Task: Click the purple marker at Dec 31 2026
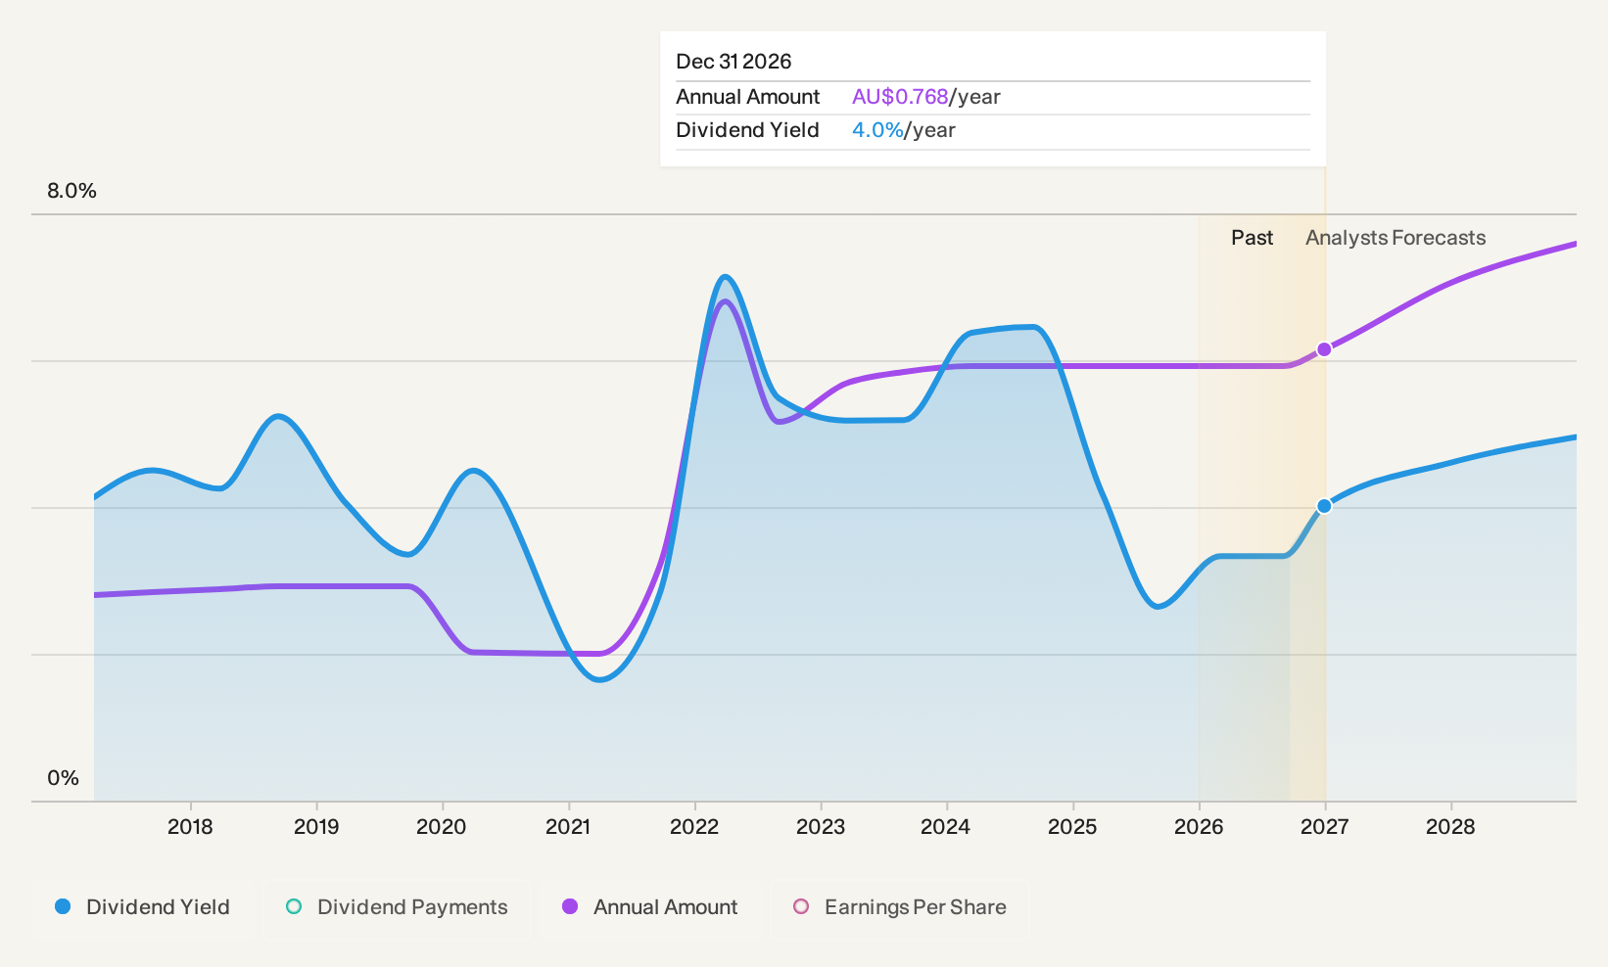click(x=1324, y=349)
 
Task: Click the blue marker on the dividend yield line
click(x=1324, y=506)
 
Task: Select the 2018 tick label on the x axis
click(x=190, y=827)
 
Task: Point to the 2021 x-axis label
click(x=568, y=827)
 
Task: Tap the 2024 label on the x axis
click(x=945, y=827)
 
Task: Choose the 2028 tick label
click(x=1450, y=827)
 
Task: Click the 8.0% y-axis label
click(x=71, y=191)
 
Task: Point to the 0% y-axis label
click(x=64, y=778)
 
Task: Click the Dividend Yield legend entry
click(x=143, y=906)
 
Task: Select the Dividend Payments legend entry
click(x=397, y=906)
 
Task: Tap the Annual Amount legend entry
click(x=649, y=906)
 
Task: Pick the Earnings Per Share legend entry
click(x=899, y=906)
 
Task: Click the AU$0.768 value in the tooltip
click(x=900, y=97)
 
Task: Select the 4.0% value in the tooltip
click(x=877, y=130)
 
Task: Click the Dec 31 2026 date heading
click(x=733, y=62)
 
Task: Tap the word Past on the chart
click(x=1252, y=238)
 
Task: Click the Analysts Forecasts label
click(x=1395, y=238)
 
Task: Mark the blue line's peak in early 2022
click(x=725, y=276)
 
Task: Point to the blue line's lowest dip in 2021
click(x=599, y=679)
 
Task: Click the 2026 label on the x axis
click(x=1198, y=827)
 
